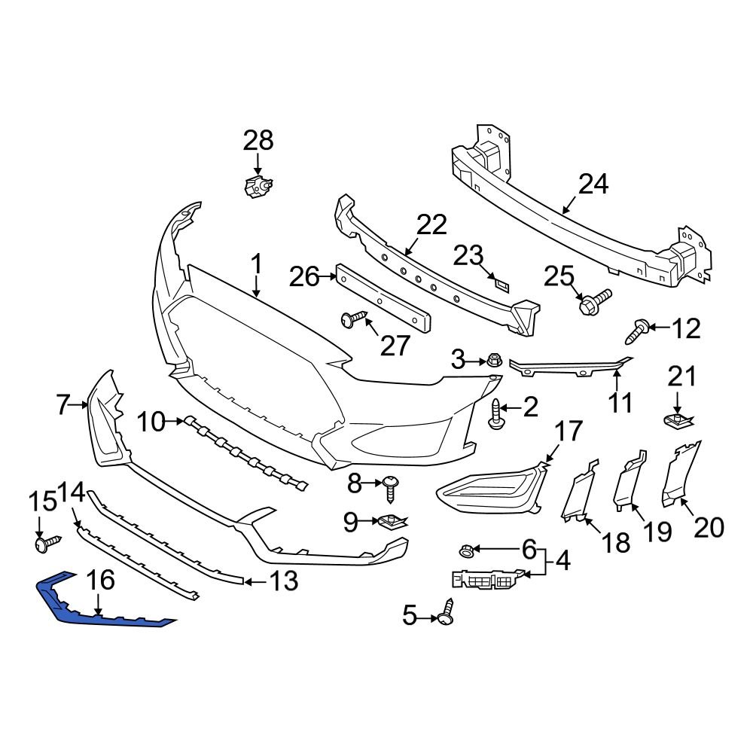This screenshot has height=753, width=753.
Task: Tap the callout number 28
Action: [258, 141]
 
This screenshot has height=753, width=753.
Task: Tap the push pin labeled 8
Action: [390, 486]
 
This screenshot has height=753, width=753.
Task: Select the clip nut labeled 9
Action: [392, 521]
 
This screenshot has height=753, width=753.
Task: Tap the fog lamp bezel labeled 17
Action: [489, 493]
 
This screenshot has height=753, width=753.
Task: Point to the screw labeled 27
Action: [353, 319]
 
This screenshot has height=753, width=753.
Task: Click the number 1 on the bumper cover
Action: [256, 264]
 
